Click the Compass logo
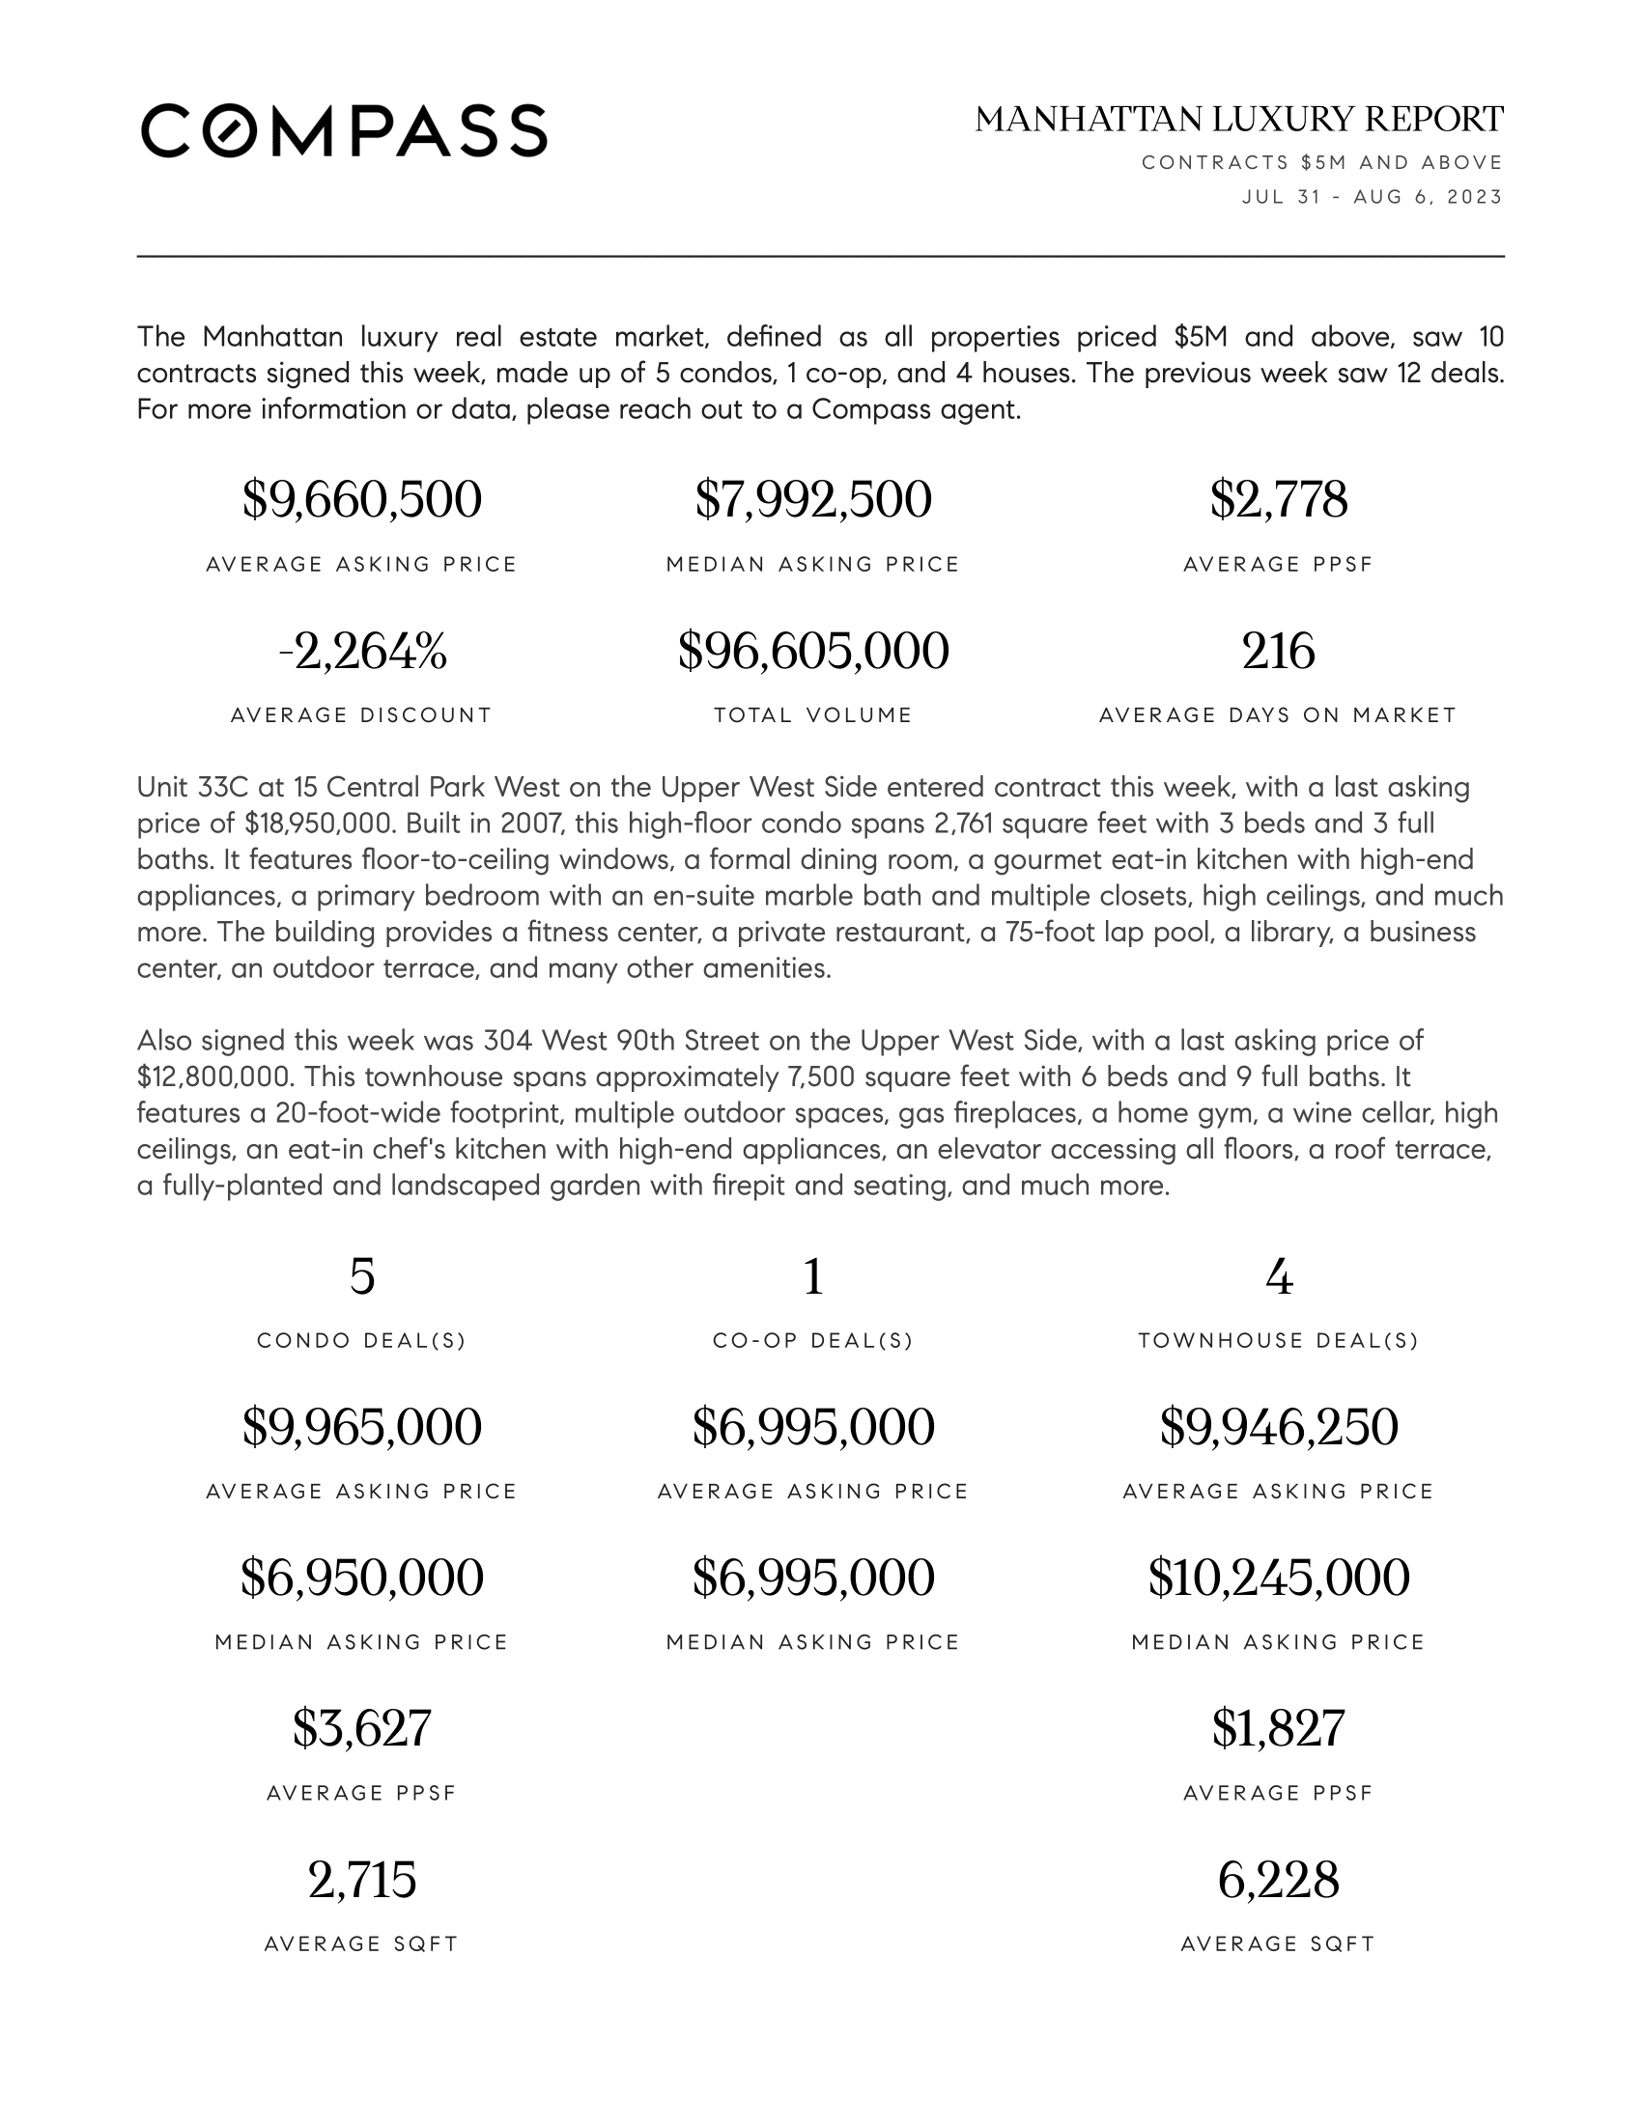pos(344,130)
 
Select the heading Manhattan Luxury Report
pos(1238,120)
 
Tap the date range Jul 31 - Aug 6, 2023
pos(1372,196)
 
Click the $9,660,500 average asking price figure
pos(362,500)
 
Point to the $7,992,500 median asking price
pos(813,500)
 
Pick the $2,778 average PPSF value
pos(1278,500)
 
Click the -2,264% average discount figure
pos(362,651)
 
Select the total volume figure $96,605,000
pos(813,651)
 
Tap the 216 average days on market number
pos(1278,651)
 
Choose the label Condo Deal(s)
pos(362,1340)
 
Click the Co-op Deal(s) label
pos(813,1340)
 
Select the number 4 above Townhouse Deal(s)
pos(1278,1277)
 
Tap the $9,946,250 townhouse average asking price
pos(1278,1427)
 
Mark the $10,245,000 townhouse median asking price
pos(1278,1578)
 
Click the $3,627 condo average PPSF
pos(362,1728)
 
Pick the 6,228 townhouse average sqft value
pos(1278,1879)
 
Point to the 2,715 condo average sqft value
pos(362,1879)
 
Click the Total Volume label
pos(813,714)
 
